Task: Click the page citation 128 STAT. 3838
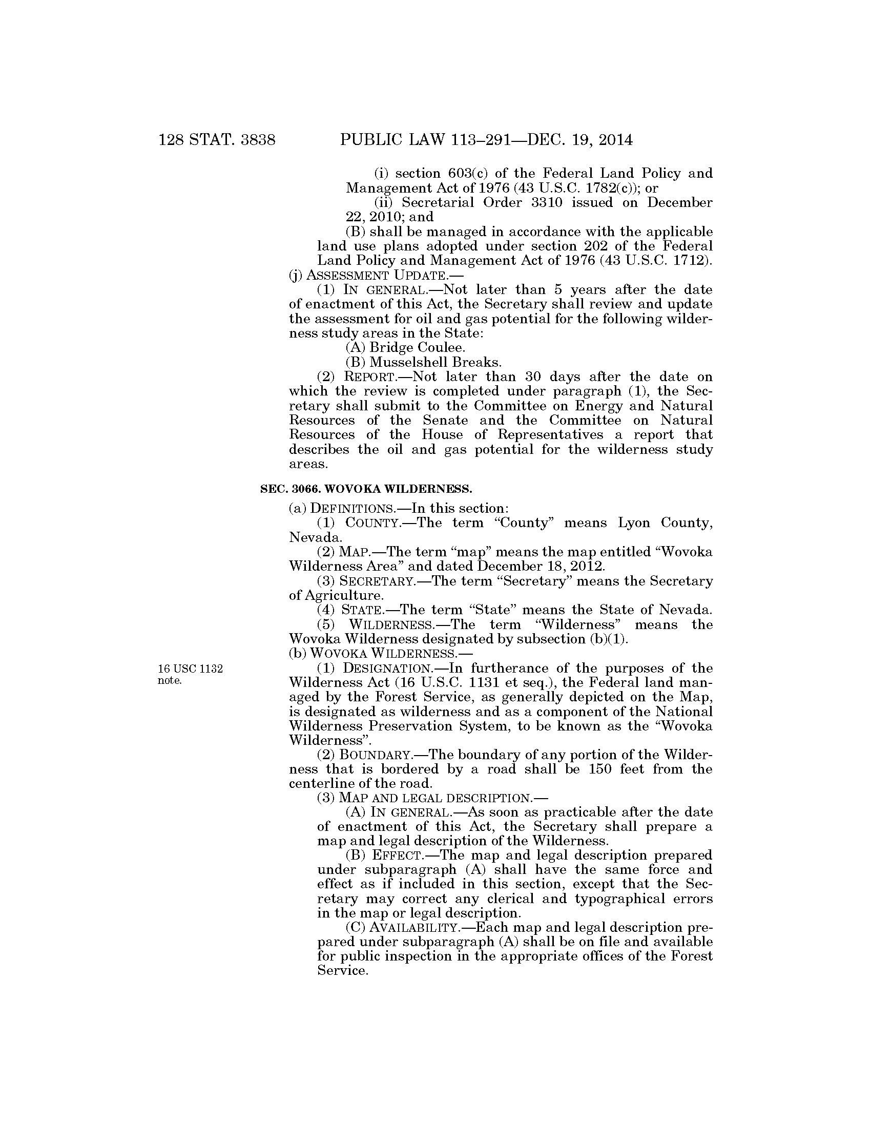[217, 140]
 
